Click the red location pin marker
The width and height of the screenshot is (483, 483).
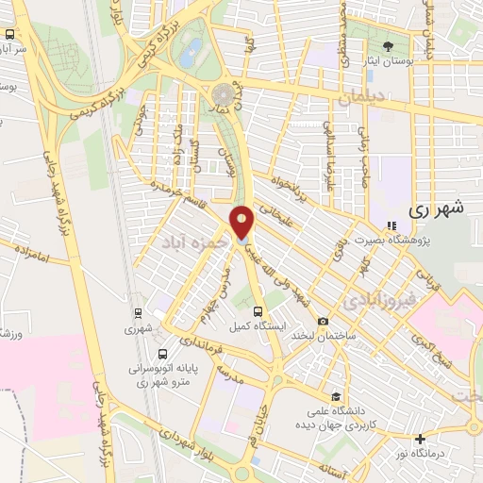(243, 223)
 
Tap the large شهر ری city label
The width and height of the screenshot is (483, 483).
(440, 211)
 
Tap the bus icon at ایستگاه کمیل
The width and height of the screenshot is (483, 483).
(258, 310)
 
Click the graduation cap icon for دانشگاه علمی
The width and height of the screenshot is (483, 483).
(336, 396)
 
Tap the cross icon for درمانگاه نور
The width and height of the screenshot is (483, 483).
(421, 439)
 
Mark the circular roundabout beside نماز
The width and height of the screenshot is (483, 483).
(224, 95)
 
